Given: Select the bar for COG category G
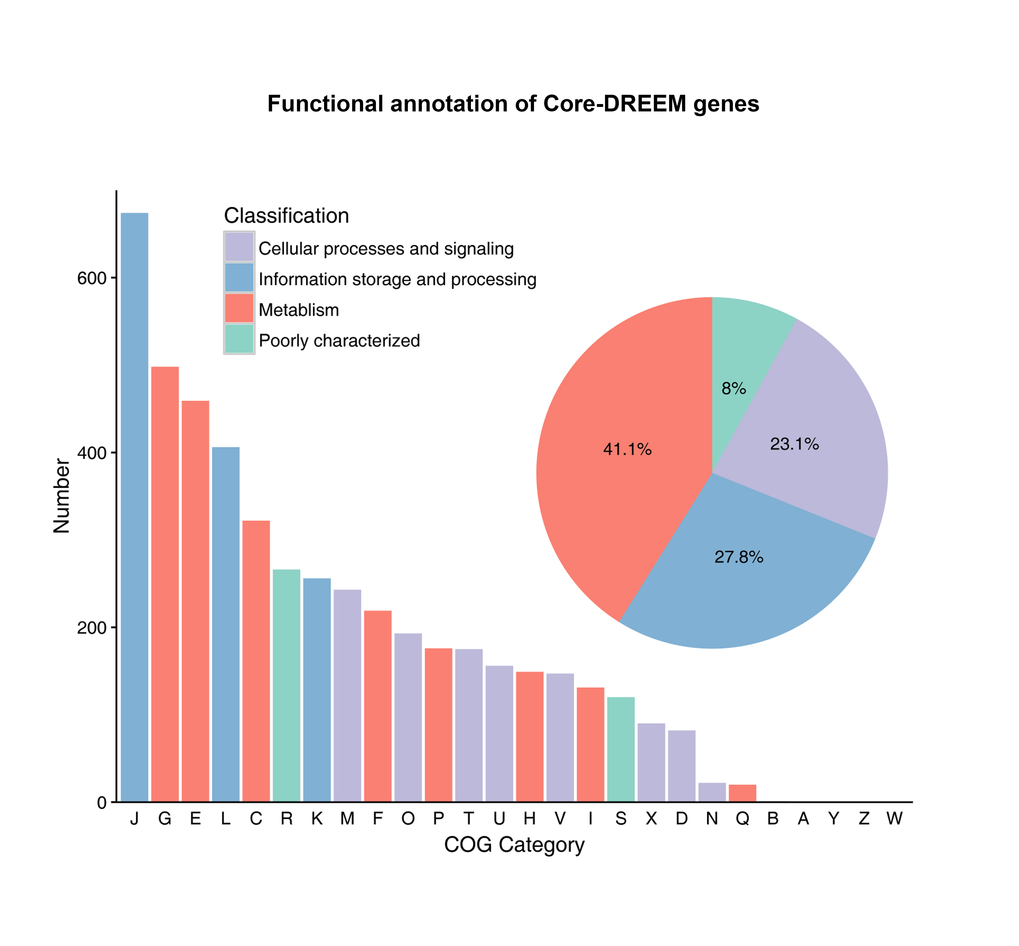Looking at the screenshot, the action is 165,584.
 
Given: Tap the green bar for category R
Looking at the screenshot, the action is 287,685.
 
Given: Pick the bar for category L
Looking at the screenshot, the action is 226,624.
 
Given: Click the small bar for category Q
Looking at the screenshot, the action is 742,793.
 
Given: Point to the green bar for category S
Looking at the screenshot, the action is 621,749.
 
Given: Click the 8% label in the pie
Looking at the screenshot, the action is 734,389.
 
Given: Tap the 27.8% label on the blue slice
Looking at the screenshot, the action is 739,557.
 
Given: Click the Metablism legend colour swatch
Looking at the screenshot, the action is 239,308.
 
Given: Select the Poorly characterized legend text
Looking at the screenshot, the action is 339,340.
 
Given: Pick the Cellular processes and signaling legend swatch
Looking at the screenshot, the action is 239,247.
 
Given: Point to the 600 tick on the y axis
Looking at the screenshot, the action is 92,278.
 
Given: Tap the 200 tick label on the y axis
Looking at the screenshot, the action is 92,628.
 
